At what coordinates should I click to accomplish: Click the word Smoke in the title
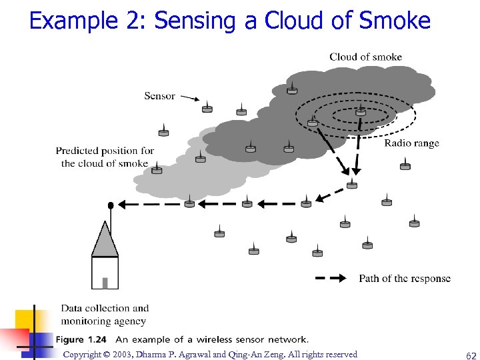point(395,21)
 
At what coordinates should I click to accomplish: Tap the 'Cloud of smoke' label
point(365,57)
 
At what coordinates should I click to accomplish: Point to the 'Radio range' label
point(411,143)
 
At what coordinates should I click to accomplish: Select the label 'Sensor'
point(159,96)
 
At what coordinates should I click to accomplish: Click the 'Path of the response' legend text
point(405,279)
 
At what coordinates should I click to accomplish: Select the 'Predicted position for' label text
point(105,151)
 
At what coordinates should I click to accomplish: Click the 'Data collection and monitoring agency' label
point(104,315)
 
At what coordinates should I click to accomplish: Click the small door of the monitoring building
point(105,283)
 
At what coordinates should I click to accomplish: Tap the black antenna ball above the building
point(110,204)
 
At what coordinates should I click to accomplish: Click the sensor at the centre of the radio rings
point(360,111)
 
